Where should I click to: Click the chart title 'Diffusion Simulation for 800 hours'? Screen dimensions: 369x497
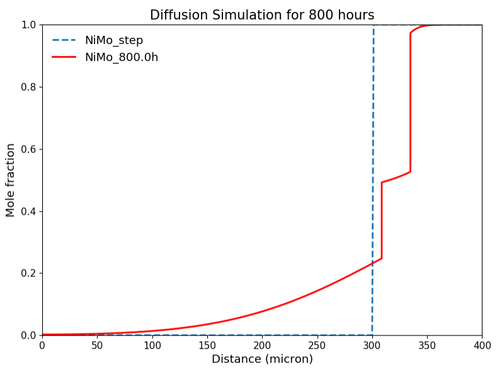tap(261, 15)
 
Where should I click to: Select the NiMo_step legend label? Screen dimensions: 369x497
tap(114, 40)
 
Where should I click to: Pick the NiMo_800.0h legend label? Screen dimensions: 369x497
tap(122, 57)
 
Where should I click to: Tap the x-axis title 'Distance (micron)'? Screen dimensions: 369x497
tap(262, 359)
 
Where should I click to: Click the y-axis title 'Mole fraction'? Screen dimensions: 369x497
tap(11, 180)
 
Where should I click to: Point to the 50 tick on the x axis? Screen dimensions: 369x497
tap(97, 345)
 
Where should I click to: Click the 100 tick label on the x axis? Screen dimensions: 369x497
tap(152, 345)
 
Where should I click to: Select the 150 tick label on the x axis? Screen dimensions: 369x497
tap(207, 345)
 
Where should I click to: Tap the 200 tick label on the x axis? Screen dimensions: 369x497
tap(262, 345)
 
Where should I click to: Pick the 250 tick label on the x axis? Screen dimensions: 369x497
tap(317, 345)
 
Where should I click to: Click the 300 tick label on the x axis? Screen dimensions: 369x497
tap(372, 345)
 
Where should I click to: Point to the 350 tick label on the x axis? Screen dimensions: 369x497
tap(427, 345)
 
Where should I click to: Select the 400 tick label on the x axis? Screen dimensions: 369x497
tap(482, 345)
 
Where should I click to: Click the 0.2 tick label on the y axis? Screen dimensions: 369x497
tap(29, 273)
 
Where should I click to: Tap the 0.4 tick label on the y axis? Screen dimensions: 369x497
tap(29, 211)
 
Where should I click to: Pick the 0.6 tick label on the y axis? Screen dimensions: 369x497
tap(29, 149)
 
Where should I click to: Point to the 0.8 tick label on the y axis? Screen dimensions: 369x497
tap(29, 87)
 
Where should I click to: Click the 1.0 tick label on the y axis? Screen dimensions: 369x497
tap(29, 25)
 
